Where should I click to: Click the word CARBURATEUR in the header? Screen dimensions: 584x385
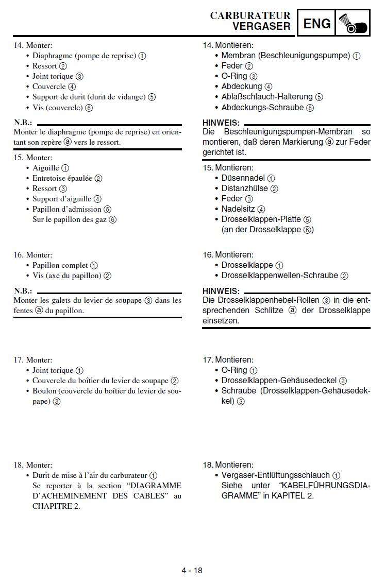250,16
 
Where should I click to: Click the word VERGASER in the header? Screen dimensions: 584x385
261,26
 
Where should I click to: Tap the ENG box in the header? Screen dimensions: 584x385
317,24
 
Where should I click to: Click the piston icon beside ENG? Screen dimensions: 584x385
353,23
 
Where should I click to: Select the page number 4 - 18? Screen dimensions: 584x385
192,570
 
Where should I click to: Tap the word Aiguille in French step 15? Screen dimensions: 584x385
46,168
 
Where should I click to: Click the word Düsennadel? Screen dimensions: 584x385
243,178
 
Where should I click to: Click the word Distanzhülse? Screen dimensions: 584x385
244,188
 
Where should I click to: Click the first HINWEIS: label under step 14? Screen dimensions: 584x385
221,123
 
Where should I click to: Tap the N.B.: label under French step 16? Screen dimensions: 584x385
23,291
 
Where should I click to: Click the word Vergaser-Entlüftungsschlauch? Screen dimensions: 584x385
275,475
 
